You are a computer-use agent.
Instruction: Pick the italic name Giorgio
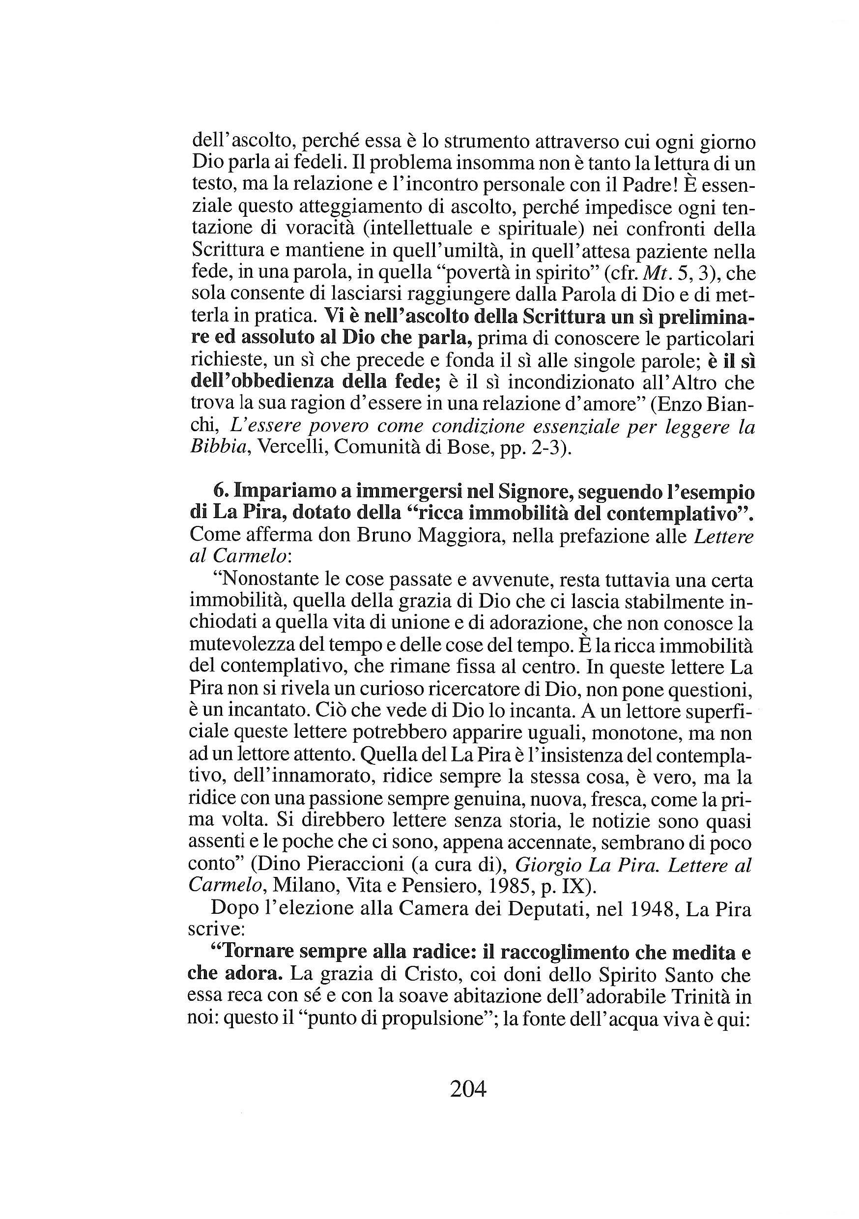(x=549, y=866)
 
